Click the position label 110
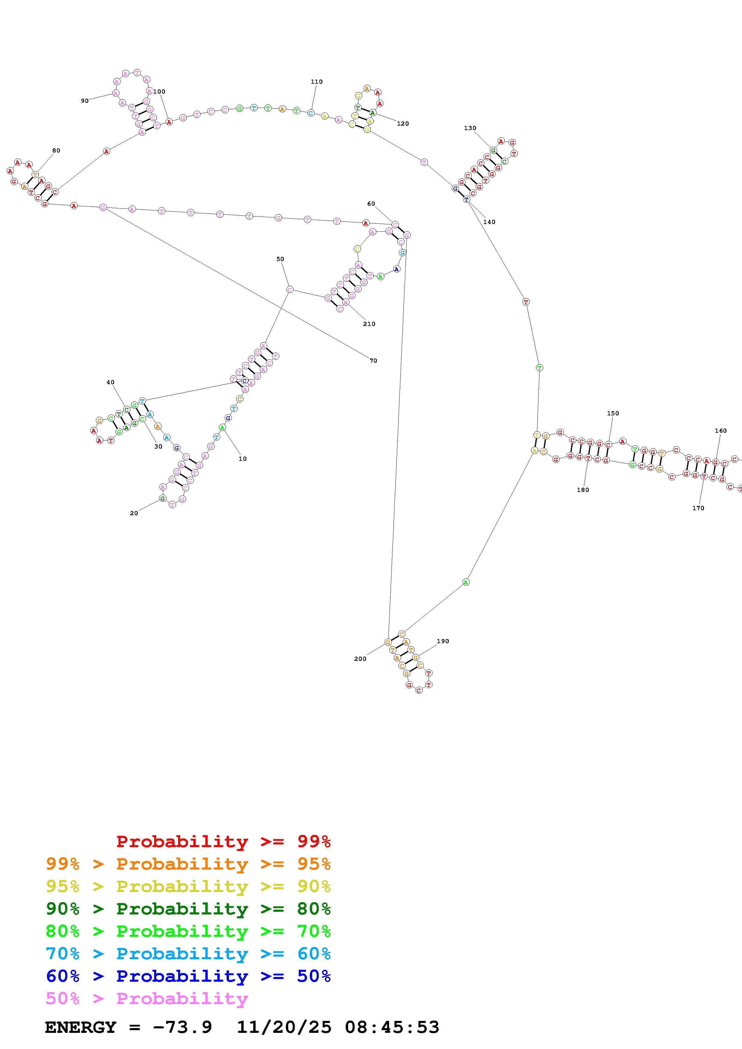tap(316, 82)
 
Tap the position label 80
tap(56, 150)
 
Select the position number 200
tap(360, 658)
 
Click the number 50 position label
tap(280, 259)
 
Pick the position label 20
tap(134, 513)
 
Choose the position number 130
tap(470, 128)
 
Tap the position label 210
tap(369, 324)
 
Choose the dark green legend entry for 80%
tap(188, 909)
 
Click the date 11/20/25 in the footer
tap(284, 1027)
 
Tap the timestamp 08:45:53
tap(392, 1027)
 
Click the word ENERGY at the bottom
tap(81, 1027)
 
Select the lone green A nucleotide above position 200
tap(465, 582)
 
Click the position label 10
tap(243, 459)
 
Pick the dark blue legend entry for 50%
tap(188, 976)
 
